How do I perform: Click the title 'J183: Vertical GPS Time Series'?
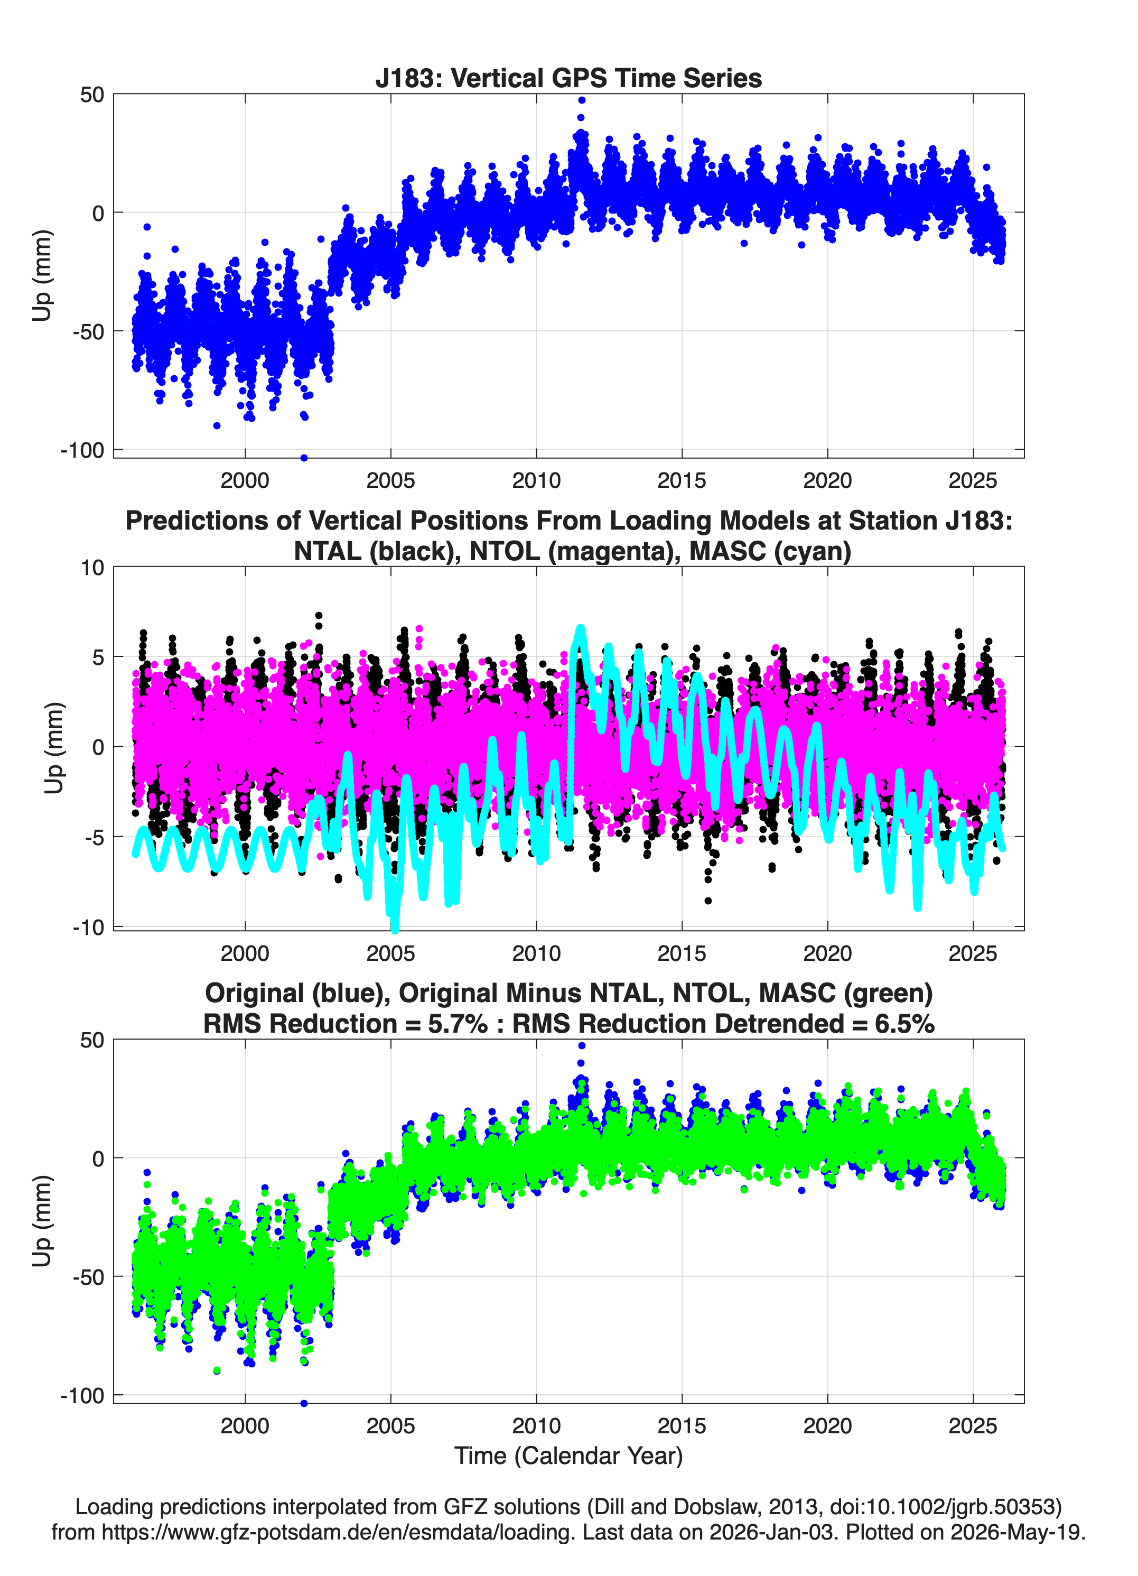568,78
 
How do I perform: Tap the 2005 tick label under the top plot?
390,480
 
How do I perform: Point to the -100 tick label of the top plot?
82,450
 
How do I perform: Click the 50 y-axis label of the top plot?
92,95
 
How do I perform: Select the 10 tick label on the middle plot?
92,568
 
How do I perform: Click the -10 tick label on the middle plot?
88,927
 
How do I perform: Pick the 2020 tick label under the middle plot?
827,953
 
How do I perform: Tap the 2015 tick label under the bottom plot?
682,1426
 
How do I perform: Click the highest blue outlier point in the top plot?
582,100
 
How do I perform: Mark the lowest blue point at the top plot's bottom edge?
304,458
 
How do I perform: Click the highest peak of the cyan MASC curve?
580,629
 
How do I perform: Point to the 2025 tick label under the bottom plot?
973,1426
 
